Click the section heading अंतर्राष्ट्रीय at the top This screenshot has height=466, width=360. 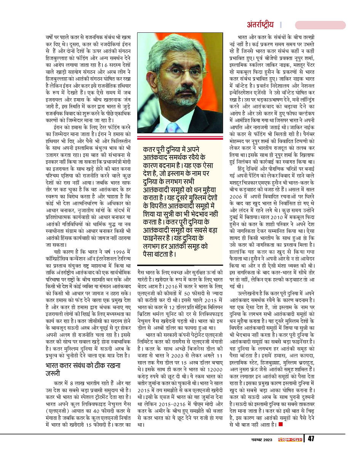click(261, 25)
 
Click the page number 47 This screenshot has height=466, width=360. click(311, 439)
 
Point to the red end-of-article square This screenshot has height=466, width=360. click(280, 424)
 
